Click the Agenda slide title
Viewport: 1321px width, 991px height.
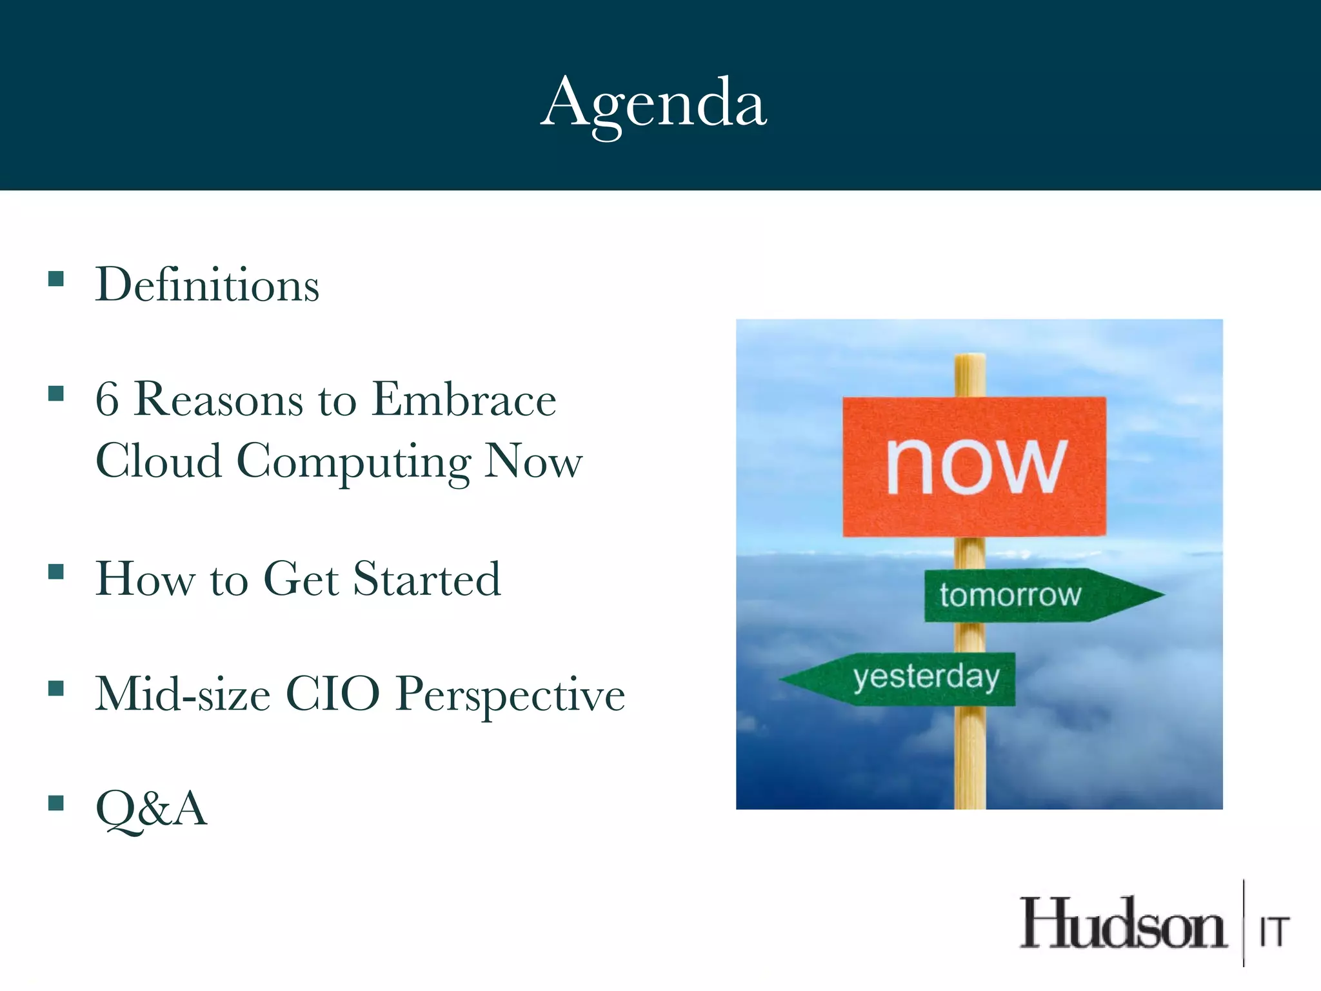pyautogui.click(x=654, y=103)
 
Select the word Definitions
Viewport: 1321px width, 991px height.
pyautogui.click(x=207, y=285)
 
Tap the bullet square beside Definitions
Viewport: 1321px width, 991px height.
pyautogui.click(x=56, y=279)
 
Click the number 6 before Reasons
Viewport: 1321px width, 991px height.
pyautogui.click(x=107, y=399)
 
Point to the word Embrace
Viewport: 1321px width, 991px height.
pyautogui.click(x=464, y=399)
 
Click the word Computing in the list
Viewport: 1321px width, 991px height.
pyautogui.click(x=353, y=462)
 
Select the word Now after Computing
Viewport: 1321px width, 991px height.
pyautogui.click(x=533, y=462)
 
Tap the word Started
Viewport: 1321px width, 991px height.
pyautogui.click(x=427, y=579)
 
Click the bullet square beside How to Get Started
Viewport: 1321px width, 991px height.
pyautogui.click(x=56, y=572)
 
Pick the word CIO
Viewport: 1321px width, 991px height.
pyautogui.click(x=333, y=694)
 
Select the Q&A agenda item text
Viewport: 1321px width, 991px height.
pyautogui.click(x=152, y=808)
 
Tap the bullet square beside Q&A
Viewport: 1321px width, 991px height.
pyautogui.click(x=56, y=803)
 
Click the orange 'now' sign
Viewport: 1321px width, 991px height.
pyautogui.click(x=974, y=466)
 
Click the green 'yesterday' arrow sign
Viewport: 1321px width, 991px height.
pyautogui.click(x=903, y=679)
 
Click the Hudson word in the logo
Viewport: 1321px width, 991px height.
pyautogui.click(x=1122, y=925)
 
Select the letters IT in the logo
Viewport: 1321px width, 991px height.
pyautogui.click(x=1275, y=932)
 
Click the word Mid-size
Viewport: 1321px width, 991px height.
pyautogui.click(x=183, y=694)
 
